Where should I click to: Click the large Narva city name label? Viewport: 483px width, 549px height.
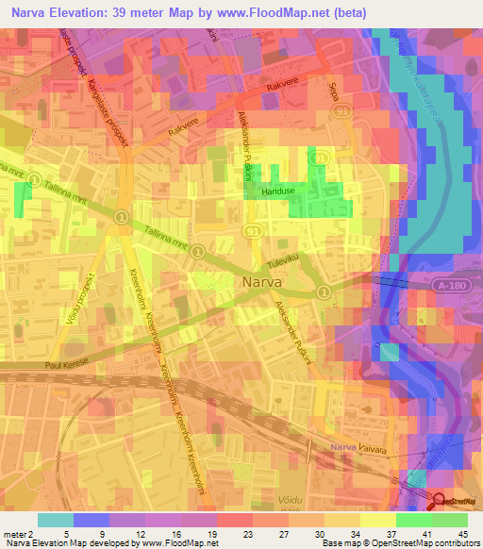[260, 280]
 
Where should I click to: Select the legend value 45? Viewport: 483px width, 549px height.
[462, 532]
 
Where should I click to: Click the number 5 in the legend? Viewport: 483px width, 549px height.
[66, 532]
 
